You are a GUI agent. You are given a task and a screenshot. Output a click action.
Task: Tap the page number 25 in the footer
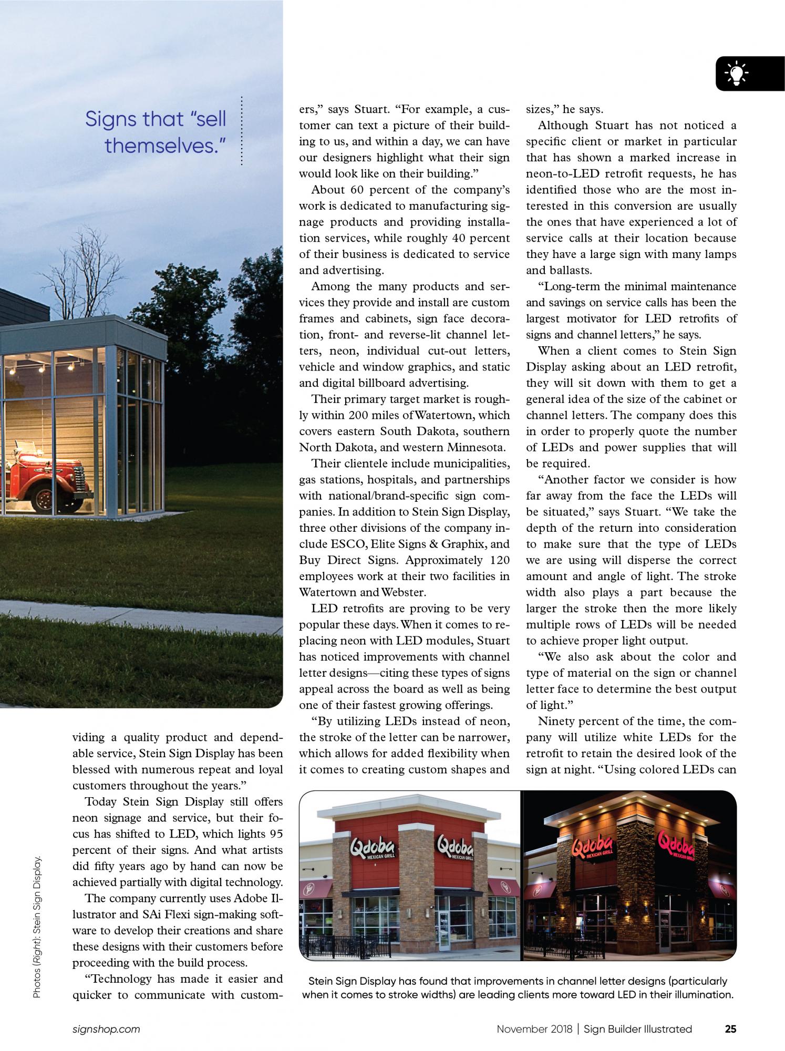click(730, 1029)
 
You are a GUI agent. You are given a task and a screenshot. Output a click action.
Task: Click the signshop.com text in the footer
click(106, 1029)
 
